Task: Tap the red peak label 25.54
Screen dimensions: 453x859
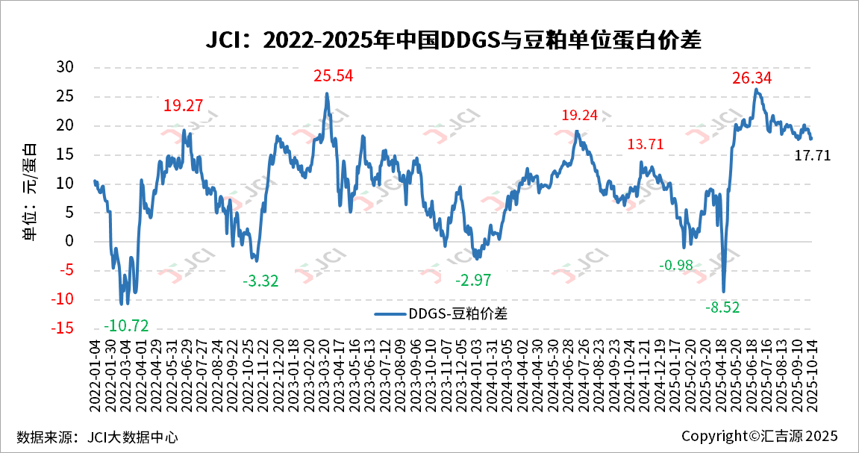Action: point(333,75)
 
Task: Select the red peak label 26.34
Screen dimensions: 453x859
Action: point(752,78)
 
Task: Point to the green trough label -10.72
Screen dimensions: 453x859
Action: point(127,325)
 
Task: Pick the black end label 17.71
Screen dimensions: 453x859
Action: point(812,155)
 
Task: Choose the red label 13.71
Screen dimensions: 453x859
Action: point(645,144)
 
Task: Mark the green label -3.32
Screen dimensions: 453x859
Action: point(260,281)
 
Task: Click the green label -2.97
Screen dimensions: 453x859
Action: point(474,280)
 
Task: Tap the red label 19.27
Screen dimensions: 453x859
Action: point(184,106)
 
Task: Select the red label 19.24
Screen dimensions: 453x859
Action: point(580,115)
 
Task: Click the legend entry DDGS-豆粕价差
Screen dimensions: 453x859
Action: point(440,313)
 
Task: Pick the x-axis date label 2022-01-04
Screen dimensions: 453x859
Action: point(96,373)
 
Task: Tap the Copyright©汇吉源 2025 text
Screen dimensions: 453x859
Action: point(760,436)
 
